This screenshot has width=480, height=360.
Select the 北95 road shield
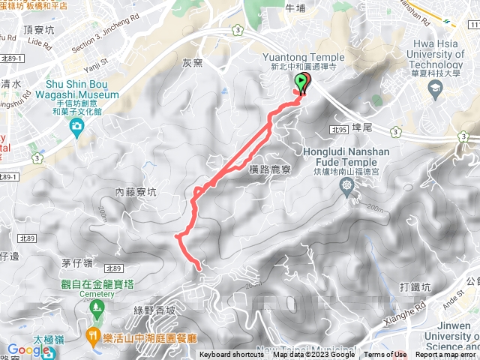pyautogui.click(x=340, y=129)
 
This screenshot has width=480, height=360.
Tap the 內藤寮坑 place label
pyautogui.click(x=136, y=192)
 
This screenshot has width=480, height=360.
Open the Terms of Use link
pyautogui.click(x=387, y=355)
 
